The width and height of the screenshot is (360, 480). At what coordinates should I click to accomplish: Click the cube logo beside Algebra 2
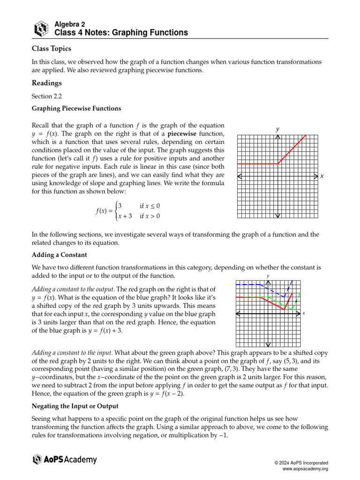(x=41, y=29)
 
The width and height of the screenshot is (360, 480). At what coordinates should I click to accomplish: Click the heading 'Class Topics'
(x=52, y=48)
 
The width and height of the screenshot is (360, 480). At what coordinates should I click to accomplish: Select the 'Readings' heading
(x=46, y=83)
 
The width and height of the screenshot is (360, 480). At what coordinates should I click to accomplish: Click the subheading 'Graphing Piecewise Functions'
(x=76, y=109)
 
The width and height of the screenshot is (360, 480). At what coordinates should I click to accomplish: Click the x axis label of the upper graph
(x=322, y=176)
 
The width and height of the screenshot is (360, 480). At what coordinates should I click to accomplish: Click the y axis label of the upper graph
(x=277, y=128)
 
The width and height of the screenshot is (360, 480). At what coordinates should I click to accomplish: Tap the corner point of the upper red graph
(x=278, y=164)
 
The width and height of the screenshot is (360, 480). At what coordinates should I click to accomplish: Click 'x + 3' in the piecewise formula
(x=125, y=216)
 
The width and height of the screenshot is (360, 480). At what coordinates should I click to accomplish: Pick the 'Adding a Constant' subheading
(x=59, y=255)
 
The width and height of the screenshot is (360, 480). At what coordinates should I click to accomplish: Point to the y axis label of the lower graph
(x=268, y=276)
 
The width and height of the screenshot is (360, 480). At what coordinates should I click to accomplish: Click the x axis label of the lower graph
(x=304, y=313)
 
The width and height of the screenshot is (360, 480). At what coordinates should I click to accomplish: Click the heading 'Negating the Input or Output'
(x=75, y=405)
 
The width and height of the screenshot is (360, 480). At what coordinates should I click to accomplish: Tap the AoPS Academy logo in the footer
(x=65, y=459)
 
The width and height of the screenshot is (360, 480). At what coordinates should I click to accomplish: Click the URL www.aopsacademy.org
(x=305, y=469)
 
